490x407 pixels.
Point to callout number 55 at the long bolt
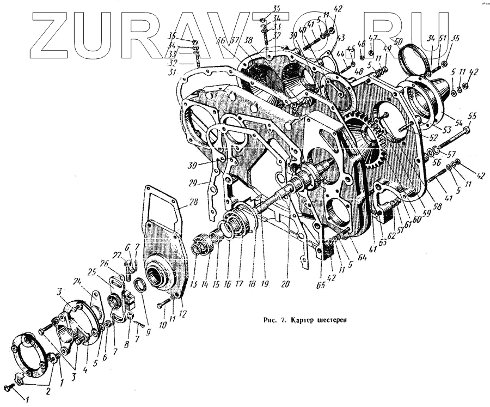tap(471, 116)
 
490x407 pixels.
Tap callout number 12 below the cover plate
tap(182, 313)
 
